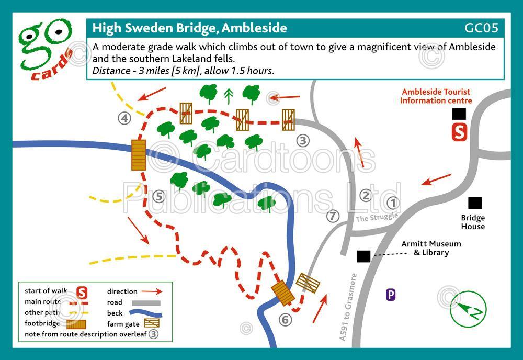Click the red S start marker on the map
point(459,132)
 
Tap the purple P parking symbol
point(391,295)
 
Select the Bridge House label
point(473,222)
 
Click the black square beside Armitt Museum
point(363,256)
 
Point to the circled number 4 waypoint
point(124,119)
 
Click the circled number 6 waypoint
point(285,319)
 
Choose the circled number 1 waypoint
point(392,203)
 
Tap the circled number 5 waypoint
point(160,197)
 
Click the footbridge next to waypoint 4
point(138,154)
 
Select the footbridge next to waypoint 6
point(283,292)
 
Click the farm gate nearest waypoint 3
point(288,120)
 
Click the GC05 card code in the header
point(481,28)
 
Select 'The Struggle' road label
point(377,217)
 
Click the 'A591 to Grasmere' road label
point(348,307)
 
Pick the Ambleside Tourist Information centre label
point(436,96)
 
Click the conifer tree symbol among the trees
point(228,95)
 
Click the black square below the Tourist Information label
point(459,114)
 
